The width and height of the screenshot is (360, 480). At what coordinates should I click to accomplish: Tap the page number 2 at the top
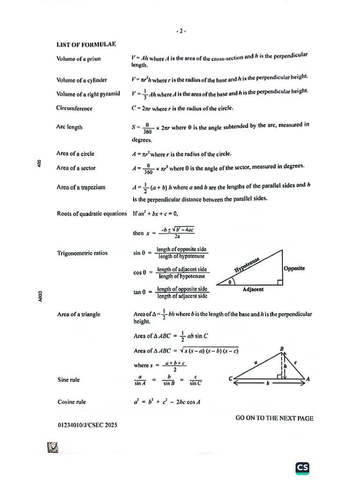click(x=181, y=32)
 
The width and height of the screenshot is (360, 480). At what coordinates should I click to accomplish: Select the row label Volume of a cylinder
click(x=82, y=80)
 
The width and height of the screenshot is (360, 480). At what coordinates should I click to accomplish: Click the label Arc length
click(x=69, y=127)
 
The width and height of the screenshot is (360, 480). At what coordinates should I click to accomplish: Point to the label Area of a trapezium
click(x=81, y=187)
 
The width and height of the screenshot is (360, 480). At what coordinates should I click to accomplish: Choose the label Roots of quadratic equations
click(x=92, y=214)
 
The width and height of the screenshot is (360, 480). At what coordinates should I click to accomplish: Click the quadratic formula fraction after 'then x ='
click(x=177, y=232)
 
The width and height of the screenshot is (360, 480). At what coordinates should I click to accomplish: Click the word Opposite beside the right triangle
click(x=294, y=268)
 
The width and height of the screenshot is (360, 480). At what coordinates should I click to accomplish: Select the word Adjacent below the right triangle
click(x=253, y=289)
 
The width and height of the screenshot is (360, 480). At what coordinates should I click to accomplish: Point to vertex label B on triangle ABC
click(x=282, y=348)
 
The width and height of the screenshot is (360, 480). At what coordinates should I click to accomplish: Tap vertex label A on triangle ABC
click(x=308, y=379)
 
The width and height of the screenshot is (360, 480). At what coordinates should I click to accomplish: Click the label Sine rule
click(x=68, y=380)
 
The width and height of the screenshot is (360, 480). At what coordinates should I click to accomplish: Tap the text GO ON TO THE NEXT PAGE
click(x=274, y=418)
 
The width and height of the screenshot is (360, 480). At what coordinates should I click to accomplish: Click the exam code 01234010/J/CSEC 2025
click(x=87, y=425)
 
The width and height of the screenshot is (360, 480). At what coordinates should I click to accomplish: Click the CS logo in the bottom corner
click(x=302, y=467)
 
